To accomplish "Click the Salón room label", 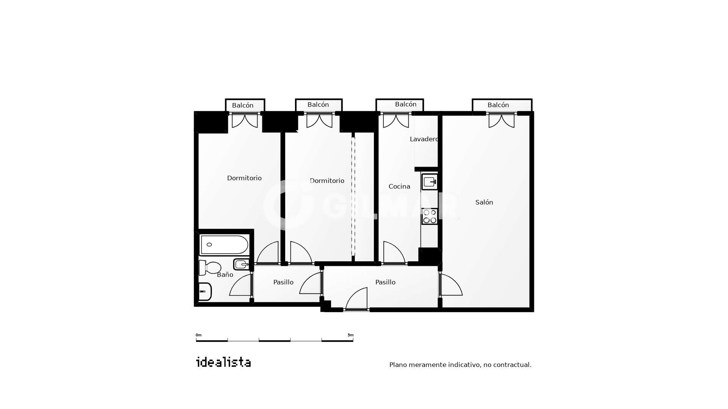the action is click(484, 202).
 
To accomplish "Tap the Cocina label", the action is click(399, 186).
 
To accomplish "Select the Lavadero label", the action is click(424, 139).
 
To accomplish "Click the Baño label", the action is click(225, 275).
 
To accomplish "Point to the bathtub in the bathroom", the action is click(224, 245).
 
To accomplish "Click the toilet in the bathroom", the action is click(210, 267).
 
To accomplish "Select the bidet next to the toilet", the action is click(241, 264).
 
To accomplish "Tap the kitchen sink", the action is click(430, 182).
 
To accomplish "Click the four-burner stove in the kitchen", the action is click(430, 216).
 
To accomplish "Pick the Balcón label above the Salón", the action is click(498, 105).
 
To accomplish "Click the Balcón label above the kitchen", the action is click(406, 104).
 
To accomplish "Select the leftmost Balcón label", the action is click(243, 105).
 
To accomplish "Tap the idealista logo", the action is click(223, 362).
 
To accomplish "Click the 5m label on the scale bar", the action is click(350, 335).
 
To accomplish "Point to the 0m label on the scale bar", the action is click(198, 335).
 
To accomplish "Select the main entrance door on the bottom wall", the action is click(356, 299).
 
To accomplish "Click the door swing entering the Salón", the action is click(451, 284).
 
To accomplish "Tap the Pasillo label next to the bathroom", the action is click(283, 282).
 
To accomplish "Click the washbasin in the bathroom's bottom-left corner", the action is click(205, 292).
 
